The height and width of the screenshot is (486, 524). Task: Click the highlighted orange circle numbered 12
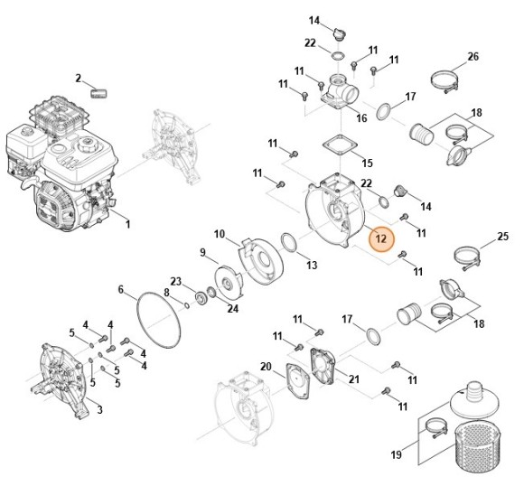coord(380,239)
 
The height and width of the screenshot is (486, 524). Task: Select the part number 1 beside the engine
coord(127,223)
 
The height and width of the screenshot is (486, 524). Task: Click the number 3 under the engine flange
coord(99,409)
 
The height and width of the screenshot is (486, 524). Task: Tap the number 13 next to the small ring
coord(311,266)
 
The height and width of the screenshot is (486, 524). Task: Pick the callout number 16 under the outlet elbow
coord(361,117)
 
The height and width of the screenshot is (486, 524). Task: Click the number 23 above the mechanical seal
coord(176,280)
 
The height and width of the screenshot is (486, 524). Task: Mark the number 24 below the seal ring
coord(233,308)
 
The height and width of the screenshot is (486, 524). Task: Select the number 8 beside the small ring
coord(166,292)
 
